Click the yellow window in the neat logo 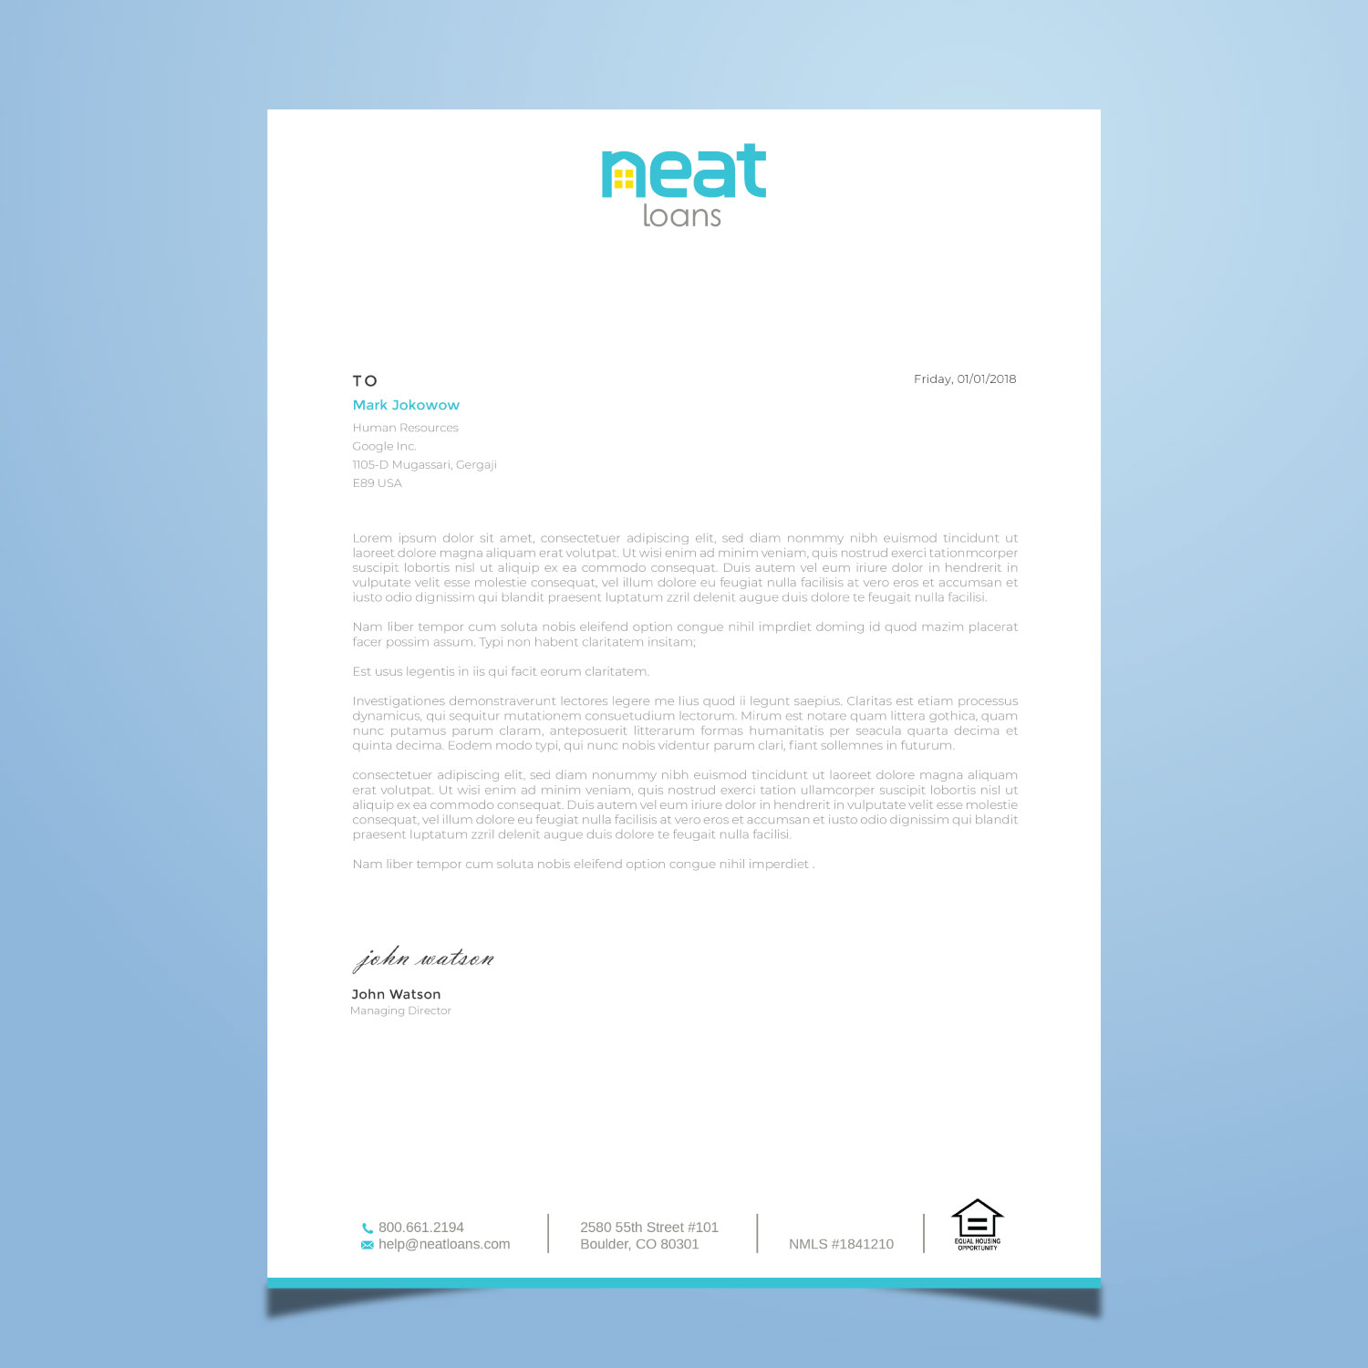(x=623, y=178)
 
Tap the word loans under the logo (x=681, y=216)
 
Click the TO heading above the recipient (x=365, y=381)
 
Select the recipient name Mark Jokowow (x=406, y=405)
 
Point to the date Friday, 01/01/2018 (x=965, y=379)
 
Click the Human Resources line (x=405, y=428)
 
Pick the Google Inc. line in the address (x=384, y=446)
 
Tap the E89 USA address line (x=377, y=483)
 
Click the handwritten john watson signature (x=423, y=959)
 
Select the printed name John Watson (x=396, y=994)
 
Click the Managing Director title (x=400, y=1010)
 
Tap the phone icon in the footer (x=368, y=1228)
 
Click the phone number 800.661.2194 (x=420, y=1228)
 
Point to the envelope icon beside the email (x=368, y=1245)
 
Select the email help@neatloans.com (x=444, y=1244)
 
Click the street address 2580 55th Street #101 (x=648, y=1228)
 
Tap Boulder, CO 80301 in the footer (x=639, y=1244)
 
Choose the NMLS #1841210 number (x=841, y=1244)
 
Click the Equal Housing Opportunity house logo (x=977, y=1224)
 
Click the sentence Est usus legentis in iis (x=501, y=672)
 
